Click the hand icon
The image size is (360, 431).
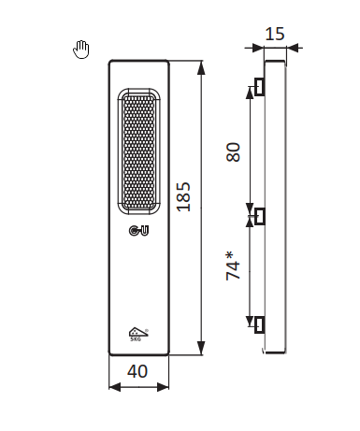pyautogui.click(x=81, y=50)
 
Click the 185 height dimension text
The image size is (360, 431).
pyautogui.click(x=183, y=197)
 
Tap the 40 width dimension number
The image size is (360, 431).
pyautogui.click(x=137, y=371)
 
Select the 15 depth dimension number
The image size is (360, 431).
pyautogui.click(x=275, y=34)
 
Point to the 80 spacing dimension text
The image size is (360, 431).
pyautogui.click(x=234, y=152)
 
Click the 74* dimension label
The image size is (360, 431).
pyautogui.click(x=234, y=266)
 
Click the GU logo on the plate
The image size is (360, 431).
pyautogui.click(x=138, y=231)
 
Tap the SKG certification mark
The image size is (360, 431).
pyautogui.click(x=138, y=334)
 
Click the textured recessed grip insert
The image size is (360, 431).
pyautogui.click(x=139, y=151)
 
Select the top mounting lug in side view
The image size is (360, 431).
pyautogui.click(x=260, y=87)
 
